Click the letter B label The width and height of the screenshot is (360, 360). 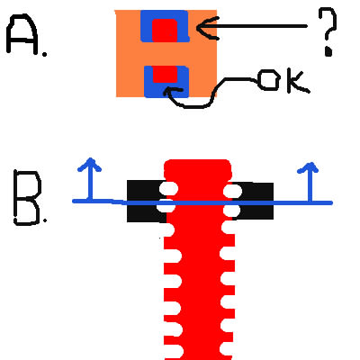[27, 198]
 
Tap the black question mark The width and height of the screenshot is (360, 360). [328, 31]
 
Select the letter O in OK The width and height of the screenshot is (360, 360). [269, 80]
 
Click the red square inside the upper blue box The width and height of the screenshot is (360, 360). [165, 30]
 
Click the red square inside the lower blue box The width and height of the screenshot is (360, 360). [165, 74]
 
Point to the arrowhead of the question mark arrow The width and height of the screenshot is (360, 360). [198, 28]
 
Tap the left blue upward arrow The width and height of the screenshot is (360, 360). [89, 179]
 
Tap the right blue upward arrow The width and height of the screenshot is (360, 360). [310, 182]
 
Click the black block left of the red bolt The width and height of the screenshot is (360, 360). [147, 201]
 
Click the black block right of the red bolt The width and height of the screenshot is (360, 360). [253, 201]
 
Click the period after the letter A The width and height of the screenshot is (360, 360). [45, 54]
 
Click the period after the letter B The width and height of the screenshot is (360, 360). [45, 220]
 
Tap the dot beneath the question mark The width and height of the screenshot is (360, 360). [328, 51]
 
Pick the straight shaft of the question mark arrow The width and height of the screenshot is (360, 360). [255, 26]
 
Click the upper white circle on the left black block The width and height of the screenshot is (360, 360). [168, 189]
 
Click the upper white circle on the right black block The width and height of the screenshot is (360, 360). [233, 191]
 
